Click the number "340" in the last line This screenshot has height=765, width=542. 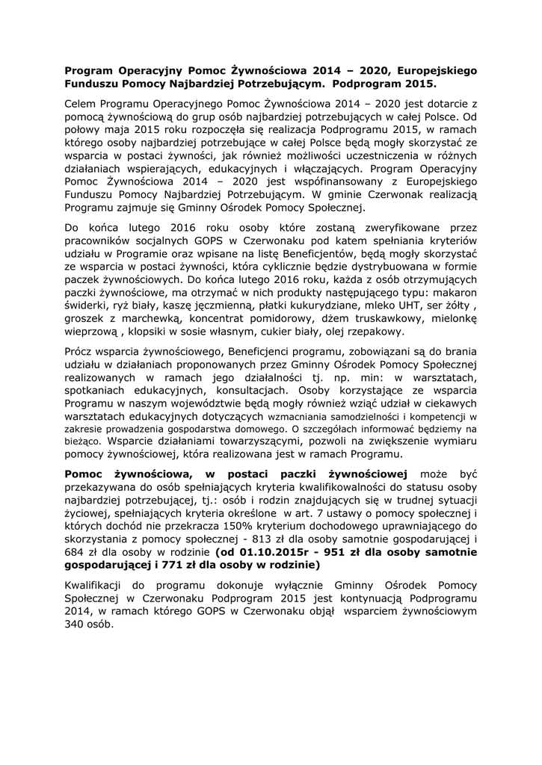point(76,626)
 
